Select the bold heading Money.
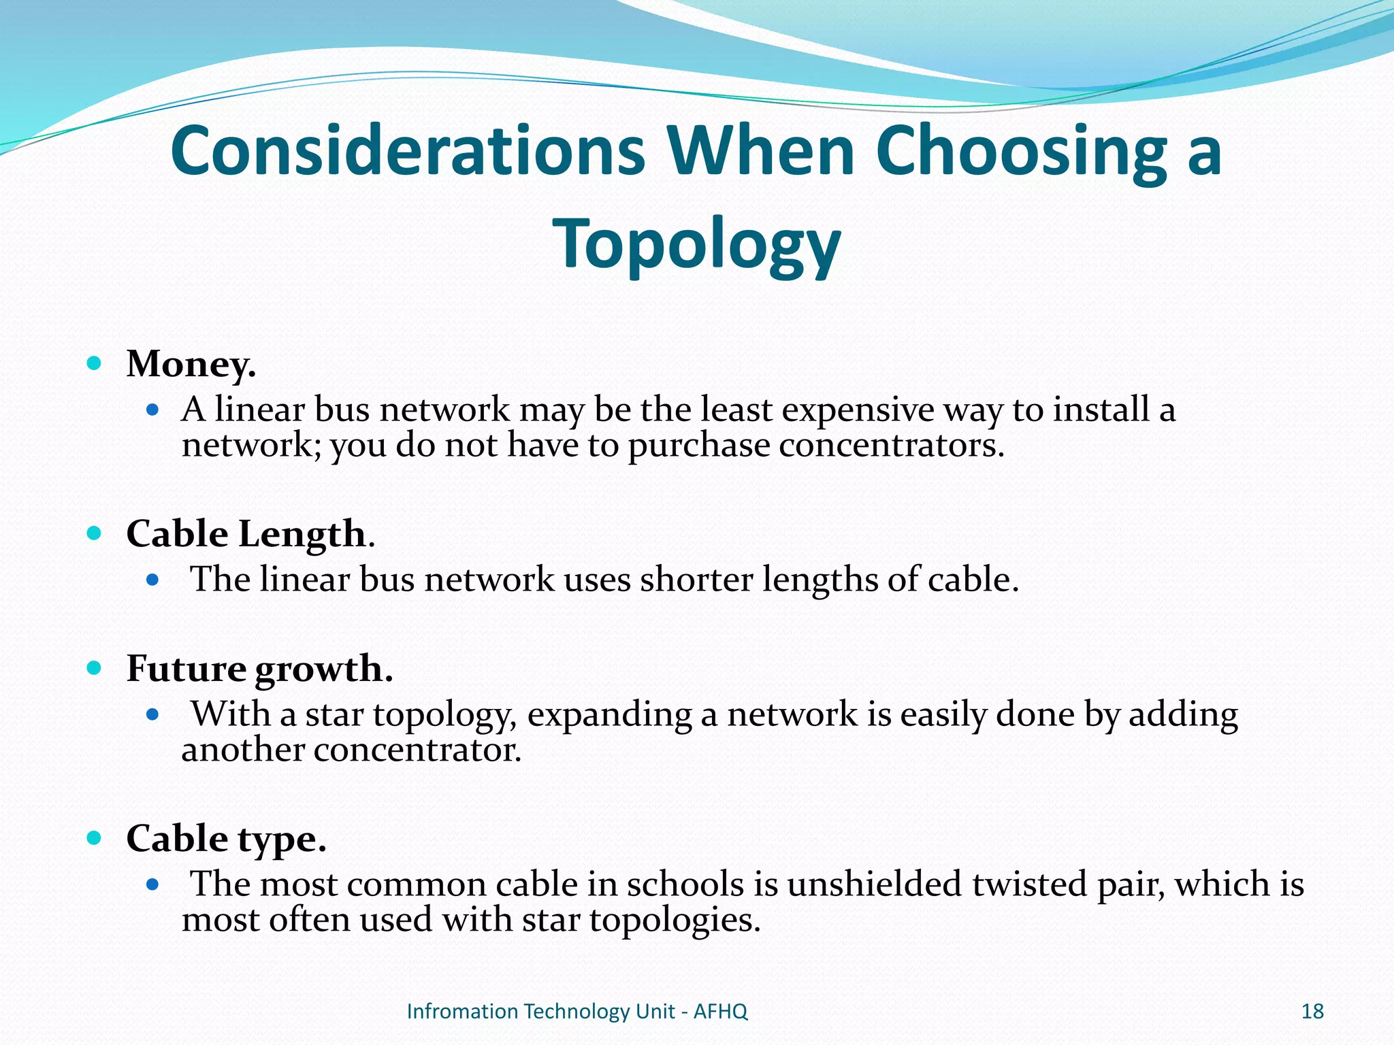191,364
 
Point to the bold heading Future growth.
259,669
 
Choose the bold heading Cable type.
226,838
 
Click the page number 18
1312,1012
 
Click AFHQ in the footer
720,1012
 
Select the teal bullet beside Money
95,363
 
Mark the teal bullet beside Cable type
95,837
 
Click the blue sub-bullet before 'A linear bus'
153,410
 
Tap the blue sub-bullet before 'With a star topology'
153,714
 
